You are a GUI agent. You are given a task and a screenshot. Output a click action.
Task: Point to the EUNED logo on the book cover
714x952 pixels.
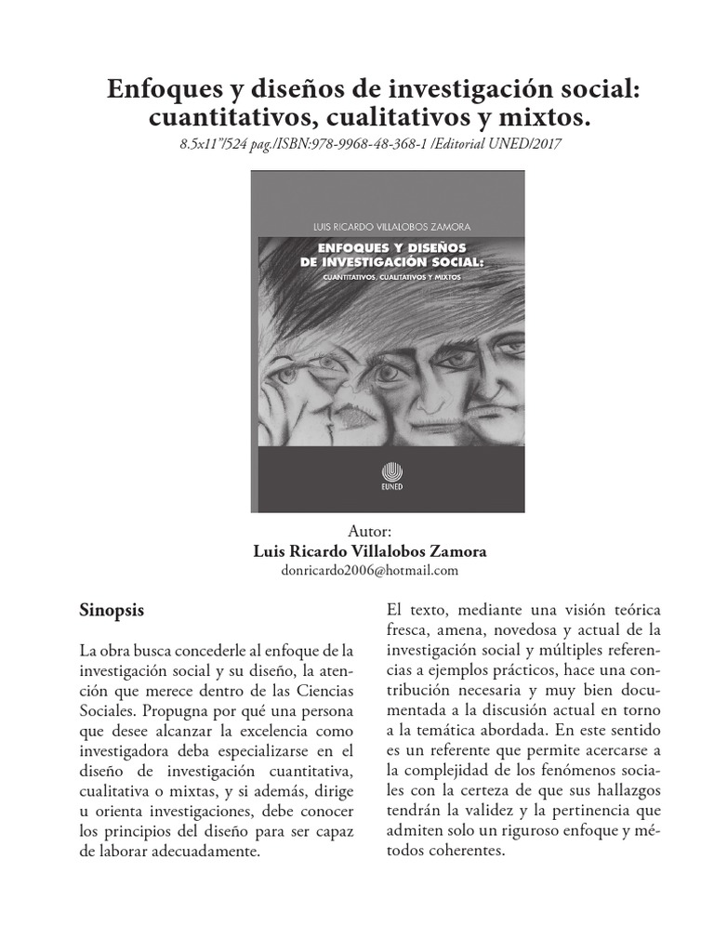pos(389,471)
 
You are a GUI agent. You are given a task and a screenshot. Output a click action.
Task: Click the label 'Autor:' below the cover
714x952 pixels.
pos(370,532)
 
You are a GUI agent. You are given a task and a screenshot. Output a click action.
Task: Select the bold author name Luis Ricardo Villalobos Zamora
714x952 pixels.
pos(370,550)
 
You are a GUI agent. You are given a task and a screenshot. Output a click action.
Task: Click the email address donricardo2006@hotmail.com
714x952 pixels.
pos(370,570)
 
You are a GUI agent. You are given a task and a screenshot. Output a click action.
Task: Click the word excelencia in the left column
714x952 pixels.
pos(246,731)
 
